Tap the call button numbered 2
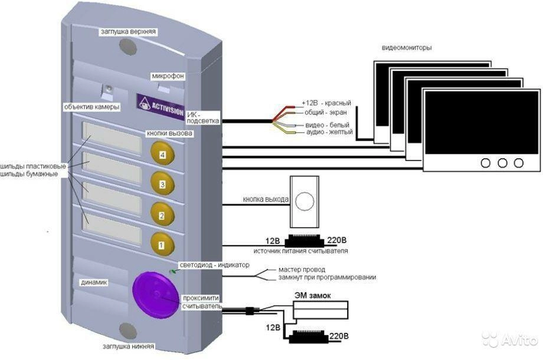[161, 215]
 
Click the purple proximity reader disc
[152, 291]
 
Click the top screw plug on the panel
[127, 46]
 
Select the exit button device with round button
[305, 202]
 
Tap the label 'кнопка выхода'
[265, 199]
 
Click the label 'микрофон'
[168, 76]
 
